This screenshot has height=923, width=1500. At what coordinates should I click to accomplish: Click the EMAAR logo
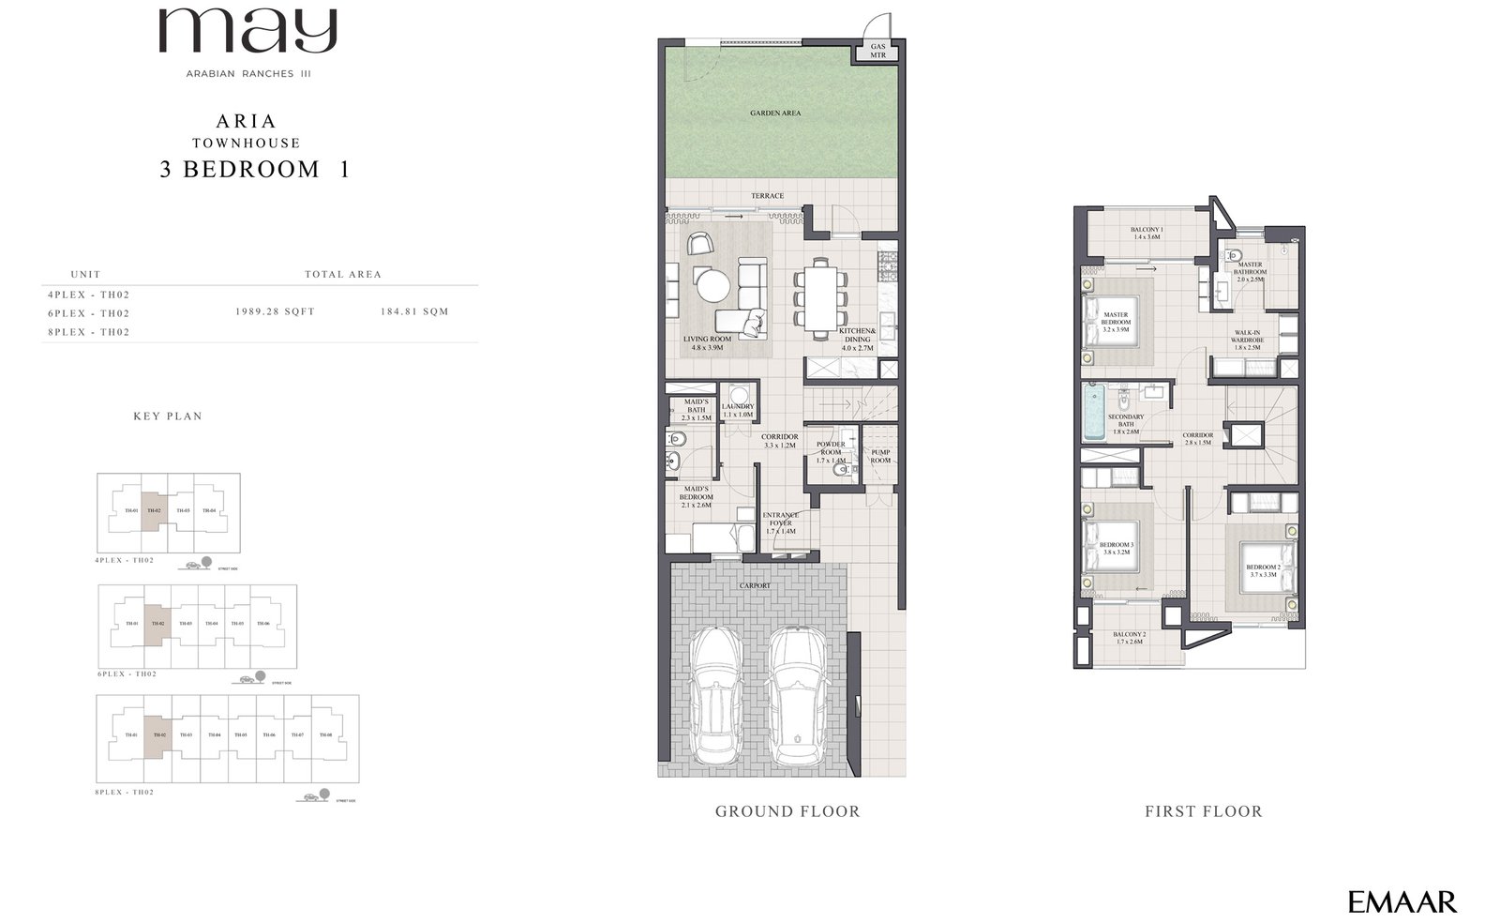click(1402, 902)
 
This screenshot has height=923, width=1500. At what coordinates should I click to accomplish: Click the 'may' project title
click(247, 32)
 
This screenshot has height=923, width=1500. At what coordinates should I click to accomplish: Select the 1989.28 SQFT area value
click(275, 311)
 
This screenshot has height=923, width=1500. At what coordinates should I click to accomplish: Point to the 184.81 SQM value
click(414, 311)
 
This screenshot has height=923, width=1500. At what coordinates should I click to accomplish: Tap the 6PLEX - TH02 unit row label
click(88, 313)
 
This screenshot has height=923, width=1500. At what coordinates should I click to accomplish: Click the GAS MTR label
click(877, 51)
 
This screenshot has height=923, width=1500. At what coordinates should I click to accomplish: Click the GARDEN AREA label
click(775, 113)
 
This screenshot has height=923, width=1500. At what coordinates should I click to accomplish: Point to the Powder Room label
click(831, 452)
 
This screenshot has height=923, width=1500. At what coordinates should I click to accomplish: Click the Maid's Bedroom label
click(697, 497)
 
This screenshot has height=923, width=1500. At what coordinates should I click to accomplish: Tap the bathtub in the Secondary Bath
click(1093, 413)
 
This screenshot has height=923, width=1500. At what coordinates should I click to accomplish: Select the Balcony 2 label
click(1130, 638)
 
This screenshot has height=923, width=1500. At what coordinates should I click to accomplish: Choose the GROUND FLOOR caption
click(787, 811)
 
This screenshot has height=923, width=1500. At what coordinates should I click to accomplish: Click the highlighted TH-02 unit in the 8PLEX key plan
click(158, 735)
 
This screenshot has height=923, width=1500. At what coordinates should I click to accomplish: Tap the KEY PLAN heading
click(168, 416)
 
